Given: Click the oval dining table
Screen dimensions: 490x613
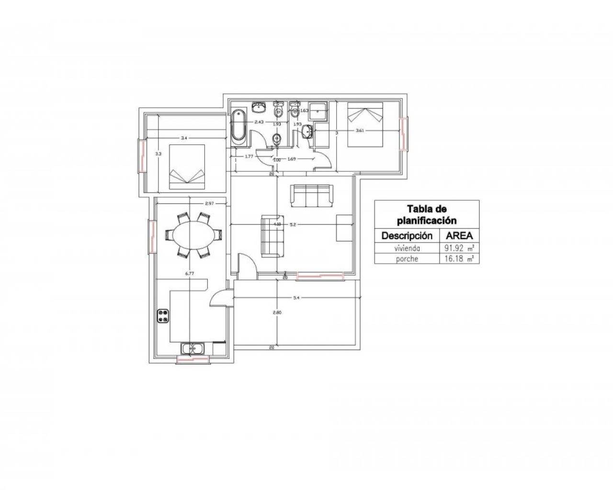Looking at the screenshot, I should click(x=194, y=235).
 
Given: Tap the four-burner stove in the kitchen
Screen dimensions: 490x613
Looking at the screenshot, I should click(x=163, y=316).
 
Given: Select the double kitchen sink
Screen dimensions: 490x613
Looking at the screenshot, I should click(x=192, y=349).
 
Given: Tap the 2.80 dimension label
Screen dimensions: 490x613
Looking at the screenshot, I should click(x=277, y=312).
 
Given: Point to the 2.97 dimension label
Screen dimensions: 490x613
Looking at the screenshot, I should click(x=209, y=203).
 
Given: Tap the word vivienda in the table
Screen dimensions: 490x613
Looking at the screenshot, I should click(x=407, y=248).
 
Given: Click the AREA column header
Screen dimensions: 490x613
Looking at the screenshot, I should click(x=459, y=235).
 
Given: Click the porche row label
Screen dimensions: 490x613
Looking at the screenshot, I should click(x=407, y=258).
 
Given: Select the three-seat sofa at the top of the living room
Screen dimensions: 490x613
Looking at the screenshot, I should click(x=311, y=196).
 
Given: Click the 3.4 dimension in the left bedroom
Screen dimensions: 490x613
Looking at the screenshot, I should click(x=184, y=138).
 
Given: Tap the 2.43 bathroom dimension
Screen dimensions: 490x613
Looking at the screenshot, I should click(x=259, y=122).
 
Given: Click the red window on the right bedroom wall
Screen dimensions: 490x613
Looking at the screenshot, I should click(x=405, y=135).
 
